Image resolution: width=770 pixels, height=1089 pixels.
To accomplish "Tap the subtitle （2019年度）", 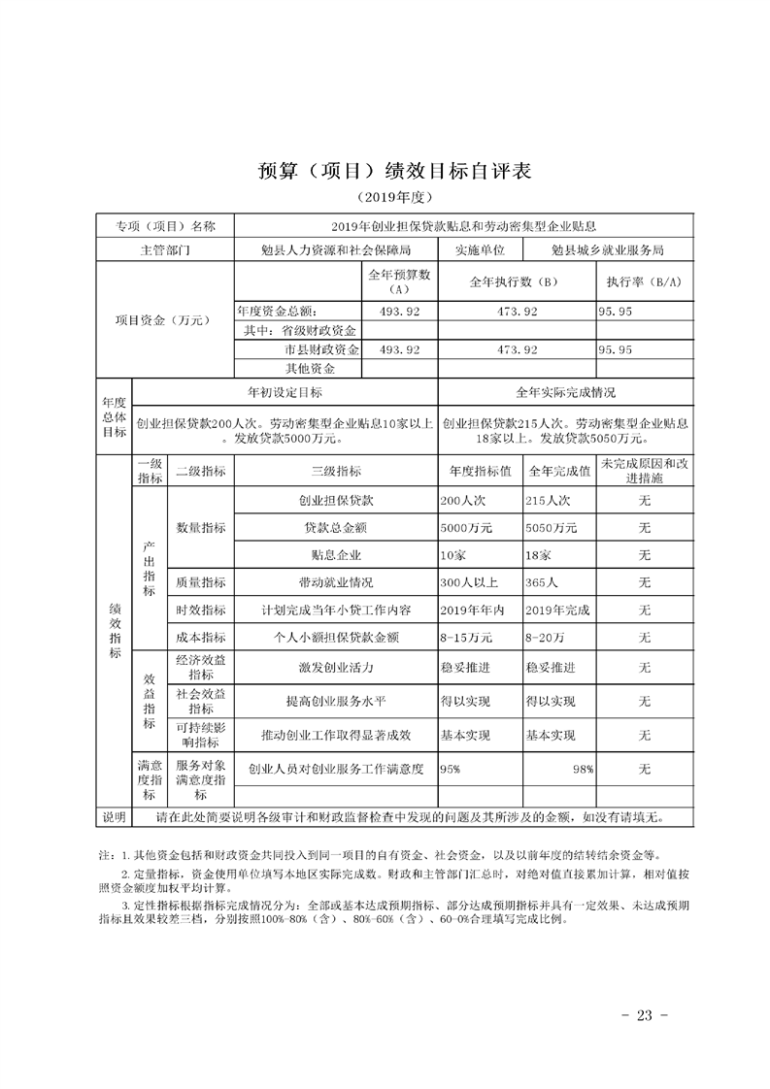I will (385, 198).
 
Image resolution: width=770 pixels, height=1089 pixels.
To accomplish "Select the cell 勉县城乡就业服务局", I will (607, 249).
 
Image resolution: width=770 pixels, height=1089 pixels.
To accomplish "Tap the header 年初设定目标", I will (285, 392).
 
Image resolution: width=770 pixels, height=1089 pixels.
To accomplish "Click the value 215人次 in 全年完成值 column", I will (549, 501).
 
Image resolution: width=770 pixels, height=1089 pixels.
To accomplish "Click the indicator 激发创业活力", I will (336, 668).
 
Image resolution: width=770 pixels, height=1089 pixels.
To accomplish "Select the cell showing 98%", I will (583, 769).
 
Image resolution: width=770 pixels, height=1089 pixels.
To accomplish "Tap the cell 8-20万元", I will (550, 638).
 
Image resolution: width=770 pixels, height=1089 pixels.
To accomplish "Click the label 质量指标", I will (201, 583).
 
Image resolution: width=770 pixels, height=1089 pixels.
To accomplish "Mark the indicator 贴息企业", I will (336, 555).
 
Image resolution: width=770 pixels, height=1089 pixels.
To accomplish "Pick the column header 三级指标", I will (336, 471).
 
